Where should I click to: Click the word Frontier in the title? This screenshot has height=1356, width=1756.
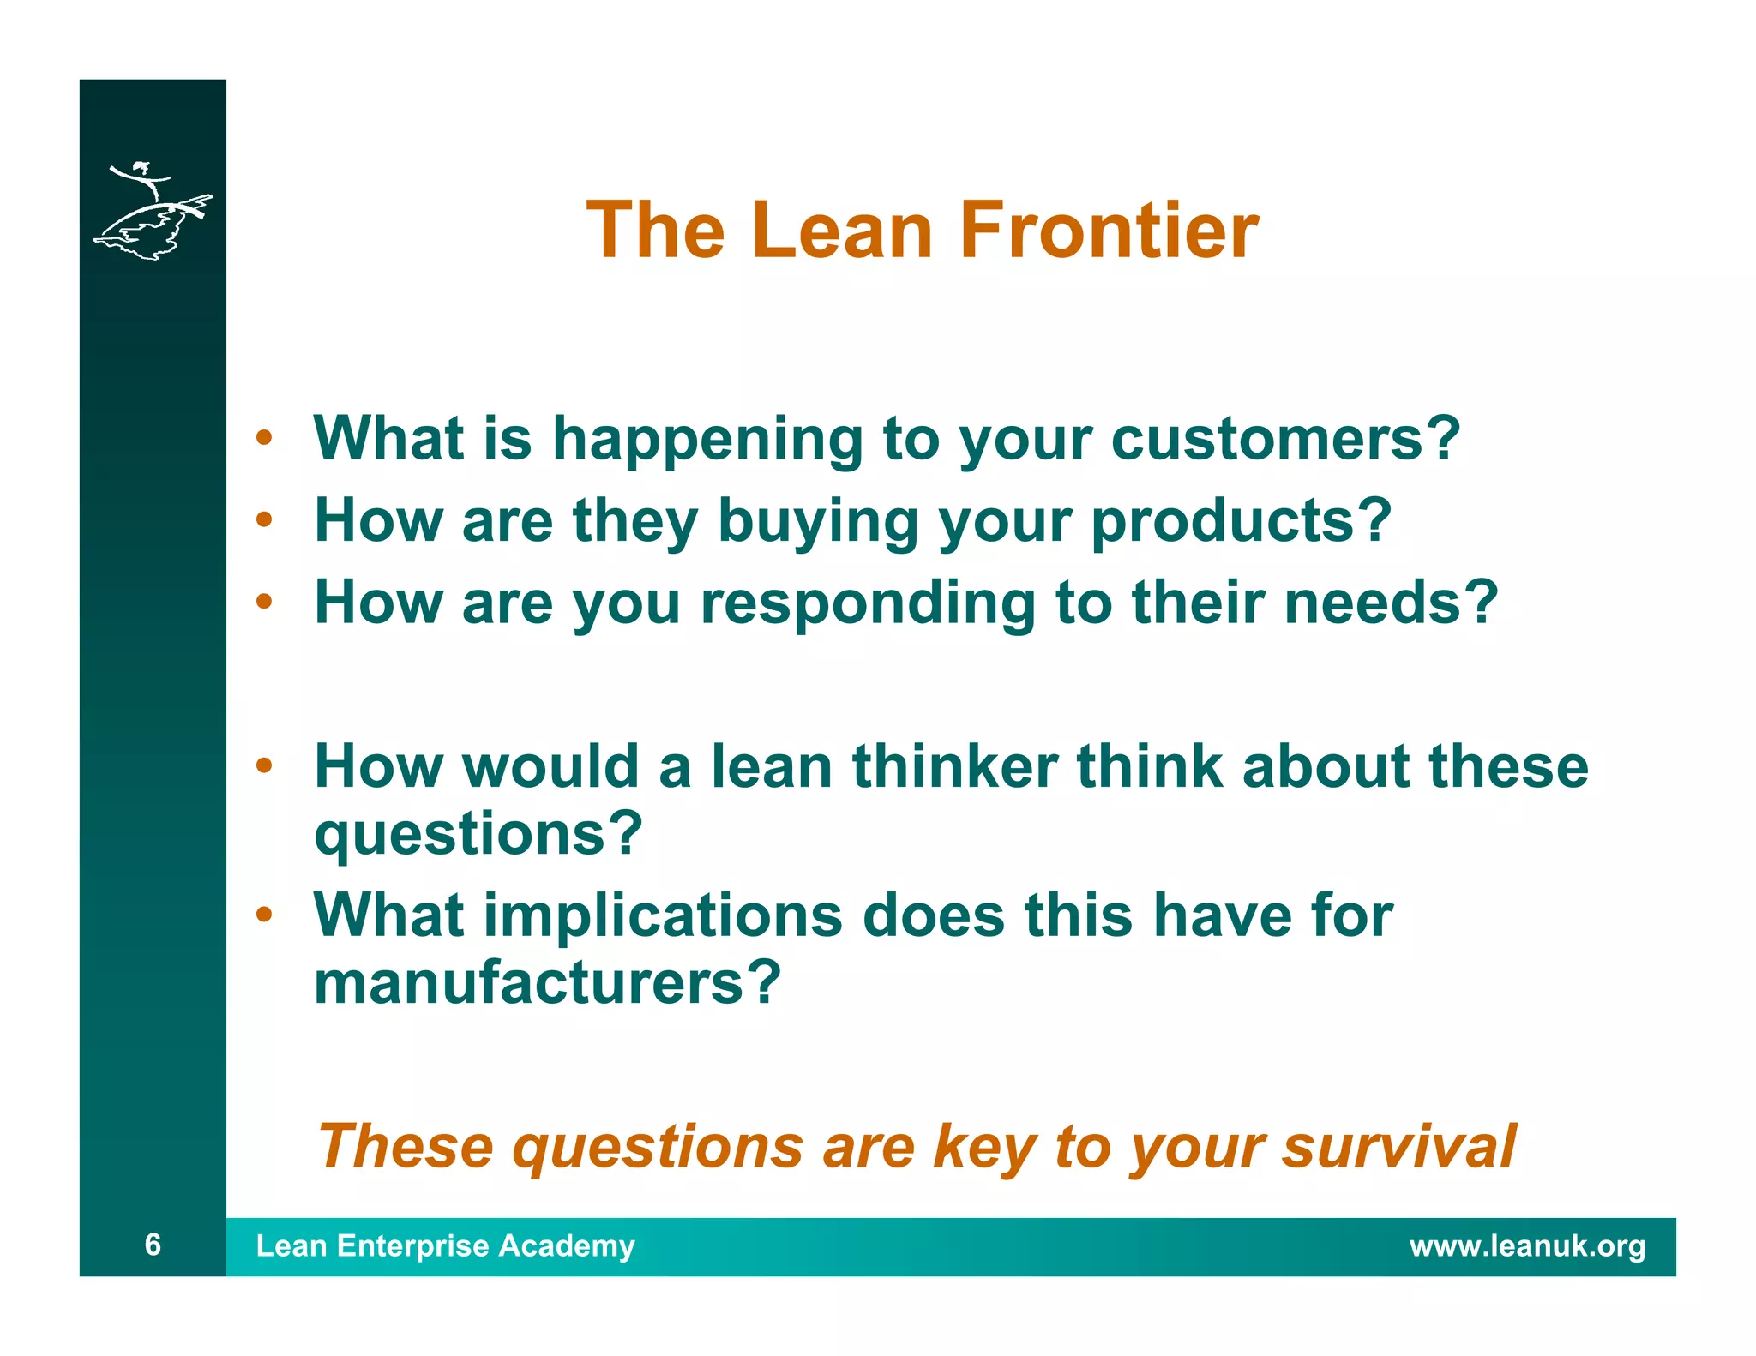click(1109, 230)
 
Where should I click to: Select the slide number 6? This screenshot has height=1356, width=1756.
click(153, 1244)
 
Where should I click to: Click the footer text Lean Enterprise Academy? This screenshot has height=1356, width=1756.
click(445, 1245)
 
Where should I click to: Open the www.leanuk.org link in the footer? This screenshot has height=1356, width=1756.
click(1527, 1245)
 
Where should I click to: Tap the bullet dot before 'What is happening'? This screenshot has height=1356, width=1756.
click(264, 438)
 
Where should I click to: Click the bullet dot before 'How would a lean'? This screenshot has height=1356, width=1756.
click(264, 765)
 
